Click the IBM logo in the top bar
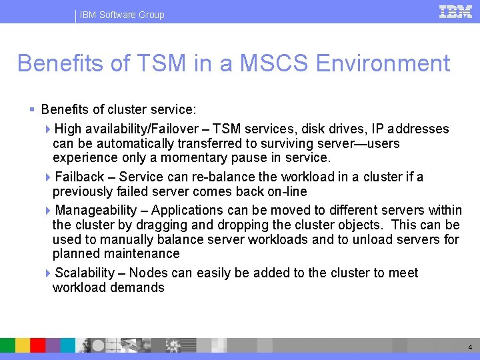455,12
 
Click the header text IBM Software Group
121,15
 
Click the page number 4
470,347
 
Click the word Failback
79,177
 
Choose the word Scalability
85,273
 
